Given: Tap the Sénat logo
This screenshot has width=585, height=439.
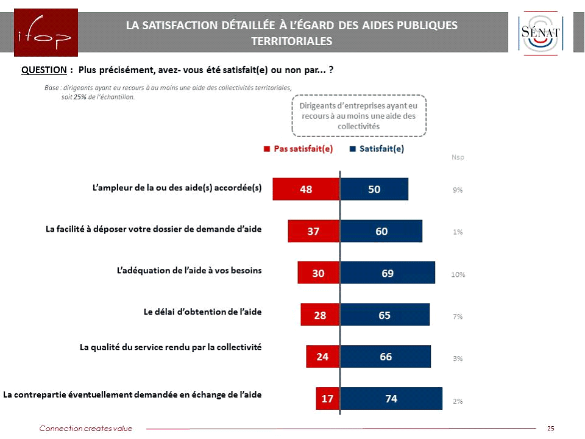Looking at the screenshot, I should (x=541, y=34).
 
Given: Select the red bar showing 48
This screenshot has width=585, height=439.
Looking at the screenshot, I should (x=306, y=189).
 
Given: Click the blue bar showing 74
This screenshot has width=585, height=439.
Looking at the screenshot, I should (x=391, y=399).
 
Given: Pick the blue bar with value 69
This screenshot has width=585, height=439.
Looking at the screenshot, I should (x=388, y=273).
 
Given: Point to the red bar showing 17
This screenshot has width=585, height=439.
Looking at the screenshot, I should (x=327, y=399).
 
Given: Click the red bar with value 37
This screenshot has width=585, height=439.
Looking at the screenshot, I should (x=314, y=231).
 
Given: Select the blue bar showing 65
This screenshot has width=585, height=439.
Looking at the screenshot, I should (x=385, y=315).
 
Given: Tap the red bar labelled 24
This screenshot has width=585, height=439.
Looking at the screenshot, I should (x=322, y=357).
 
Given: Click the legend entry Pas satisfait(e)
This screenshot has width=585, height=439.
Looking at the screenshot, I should (x=298, y=148).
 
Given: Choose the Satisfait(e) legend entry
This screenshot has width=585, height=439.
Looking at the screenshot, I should (x=377, y=148).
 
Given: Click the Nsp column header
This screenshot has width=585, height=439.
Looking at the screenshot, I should (x=458, y=157).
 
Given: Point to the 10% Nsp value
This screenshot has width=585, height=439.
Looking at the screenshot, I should (x=458, y=274).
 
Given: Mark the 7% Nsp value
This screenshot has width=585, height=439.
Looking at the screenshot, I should (x=458, y=316).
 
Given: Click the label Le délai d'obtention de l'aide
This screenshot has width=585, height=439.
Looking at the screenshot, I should (x=202, y=312).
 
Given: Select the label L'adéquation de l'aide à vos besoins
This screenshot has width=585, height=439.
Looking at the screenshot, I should (x=189, y=270).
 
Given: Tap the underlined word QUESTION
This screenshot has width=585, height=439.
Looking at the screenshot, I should (x=44, y=70).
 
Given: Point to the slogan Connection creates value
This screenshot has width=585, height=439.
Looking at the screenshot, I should (x=86, y=429).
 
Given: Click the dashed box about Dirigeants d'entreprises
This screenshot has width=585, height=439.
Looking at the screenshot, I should (x=358, y=116).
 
